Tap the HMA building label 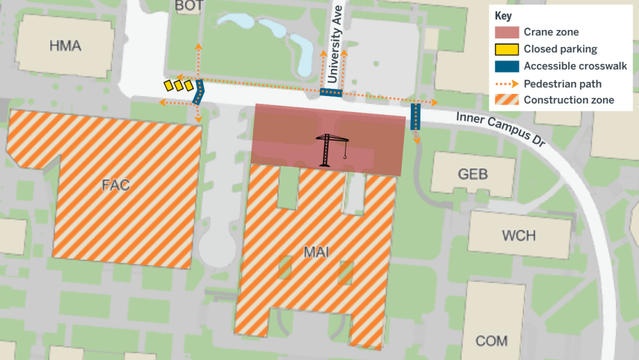tap(65, 45)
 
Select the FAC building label tap(116, 185)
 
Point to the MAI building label tap(316, 252)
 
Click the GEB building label tap(473, 174)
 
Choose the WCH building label tap(518, 235)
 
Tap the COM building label tap(491, 340)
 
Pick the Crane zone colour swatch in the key tap(506, 32)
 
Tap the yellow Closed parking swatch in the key tap(506, 49)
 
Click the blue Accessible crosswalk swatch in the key tap(506, 66)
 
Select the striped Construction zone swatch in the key tap(506, 100)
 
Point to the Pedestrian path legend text tap(562, 83)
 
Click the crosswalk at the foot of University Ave tap(331, 93)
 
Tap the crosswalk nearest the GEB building tap(415, 116)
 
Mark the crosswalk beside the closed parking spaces tap(198, 93)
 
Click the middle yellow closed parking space tap(179, 84)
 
